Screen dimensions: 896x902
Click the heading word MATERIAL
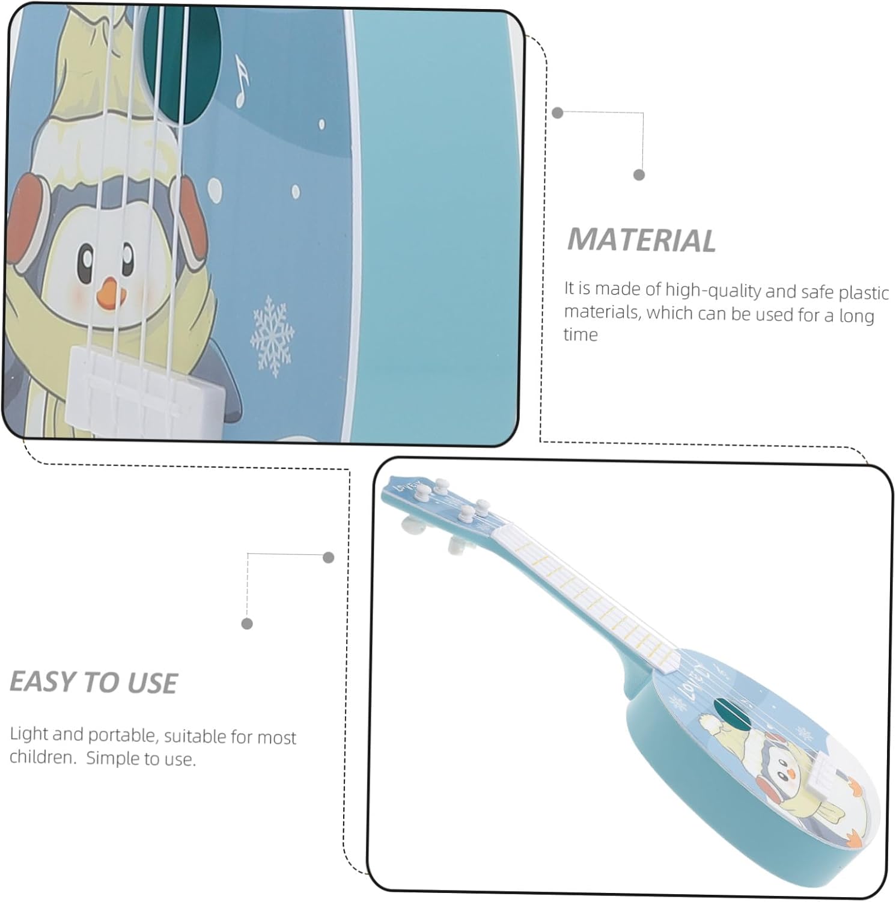click(x=641, y=240)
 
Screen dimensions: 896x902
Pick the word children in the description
click(x=41, y=756)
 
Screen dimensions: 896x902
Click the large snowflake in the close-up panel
click(x=272, y=336)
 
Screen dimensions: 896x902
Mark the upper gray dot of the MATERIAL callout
click(x=558, y=112)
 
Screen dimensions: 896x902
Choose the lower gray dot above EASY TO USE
click(x=246, y=624)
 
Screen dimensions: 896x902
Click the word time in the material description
click(x=581, y=334)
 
